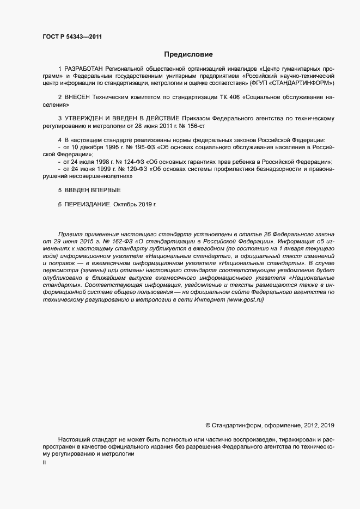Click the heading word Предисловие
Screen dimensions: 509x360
188,54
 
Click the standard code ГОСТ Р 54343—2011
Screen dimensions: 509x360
72,37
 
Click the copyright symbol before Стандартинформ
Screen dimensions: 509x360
208,425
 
